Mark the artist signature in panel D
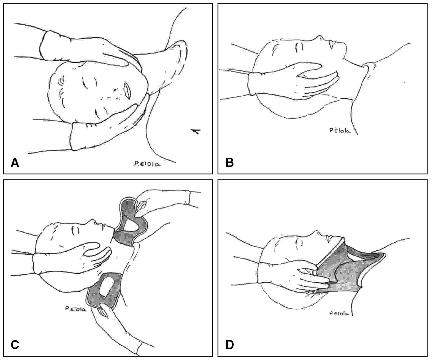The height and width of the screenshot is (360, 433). [x=339, y=313]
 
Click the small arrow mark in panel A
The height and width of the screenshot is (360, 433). [x=196, y=131]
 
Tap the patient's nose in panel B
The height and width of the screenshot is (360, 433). [x=319, y=38]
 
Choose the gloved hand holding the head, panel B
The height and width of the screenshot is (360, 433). [x=293, y=81]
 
